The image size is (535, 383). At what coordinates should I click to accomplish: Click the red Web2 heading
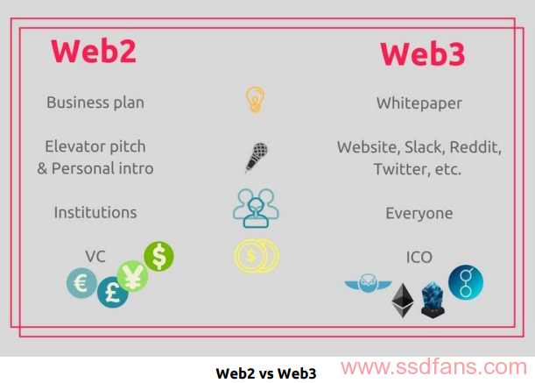tap(94, 51)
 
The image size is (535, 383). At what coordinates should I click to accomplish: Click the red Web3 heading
tap(423, 53)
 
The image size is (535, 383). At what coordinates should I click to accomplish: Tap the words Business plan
tap(95, 103)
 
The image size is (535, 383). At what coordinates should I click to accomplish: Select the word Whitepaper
tap(419, 103)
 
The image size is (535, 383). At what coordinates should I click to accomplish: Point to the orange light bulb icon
tap(255, 99)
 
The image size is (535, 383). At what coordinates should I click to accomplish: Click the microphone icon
tap(257, 158)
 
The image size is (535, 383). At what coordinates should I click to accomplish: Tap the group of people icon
tap(256, 209)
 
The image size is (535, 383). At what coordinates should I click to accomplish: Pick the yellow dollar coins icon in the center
tap(257, 256)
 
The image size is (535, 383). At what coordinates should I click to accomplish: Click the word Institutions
tap(95, 212)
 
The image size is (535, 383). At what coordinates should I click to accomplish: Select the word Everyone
tap(419, 214)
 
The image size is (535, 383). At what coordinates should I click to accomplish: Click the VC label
tap(95, 256)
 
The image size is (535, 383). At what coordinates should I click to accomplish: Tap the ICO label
tap(419, 257)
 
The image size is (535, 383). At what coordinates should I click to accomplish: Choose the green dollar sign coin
tap(158, 256)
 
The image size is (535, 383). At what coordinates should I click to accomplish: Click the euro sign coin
tap(81, 283)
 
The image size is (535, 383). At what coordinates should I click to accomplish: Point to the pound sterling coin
tap(113, 293)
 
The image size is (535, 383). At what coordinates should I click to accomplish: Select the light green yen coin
tap(132, 276)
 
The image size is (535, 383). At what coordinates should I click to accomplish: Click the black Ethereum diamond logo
tap(403, 301)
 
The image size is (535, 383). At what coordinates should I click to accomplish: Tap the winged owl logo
tap(368, 283)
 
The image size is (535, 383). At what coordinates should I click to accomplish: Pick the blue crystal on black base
tap(433, 301)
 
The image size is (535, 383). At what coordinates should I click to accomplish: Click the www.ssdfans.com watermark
tap(433, 367)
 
